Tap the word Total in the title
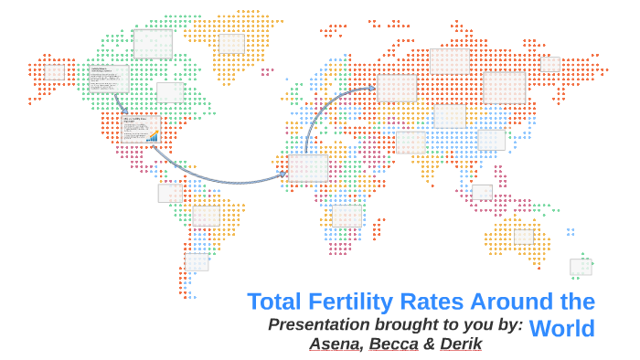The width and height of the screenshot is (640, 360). (275, 302)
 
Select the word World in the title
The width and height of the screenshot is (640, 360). (561, 329)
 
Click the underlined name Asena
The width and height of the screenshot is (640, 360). (334, 344)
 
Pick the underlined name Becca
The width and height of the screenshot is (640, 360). (393, 344)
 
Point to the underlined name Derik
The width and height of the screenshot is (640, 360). (461, 344)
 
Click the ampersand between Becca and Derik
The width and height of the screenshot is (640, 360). (429, 344)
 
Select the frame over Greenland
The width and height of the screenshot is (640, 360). (231, 43)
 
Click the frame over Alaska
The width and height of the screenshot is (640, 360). (55, 71)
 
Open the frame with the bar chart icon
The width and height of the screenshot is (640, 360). (140, 129)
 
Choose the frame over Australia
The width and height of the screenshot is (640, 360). (523, 237)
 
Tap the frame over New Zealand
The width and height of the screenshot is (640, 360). (581, 267)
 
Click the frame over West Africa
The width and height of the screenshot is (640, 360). (307, 168)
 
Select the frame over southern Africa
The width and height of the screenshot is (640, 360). (347, 216)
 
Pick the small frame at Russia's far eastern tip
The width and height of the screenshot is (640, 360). (549, 64)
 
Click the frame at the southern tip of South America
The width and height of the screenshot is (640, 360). (197, 262)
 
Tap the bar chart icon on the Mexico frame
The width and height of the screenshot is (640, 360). (153, 137)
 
